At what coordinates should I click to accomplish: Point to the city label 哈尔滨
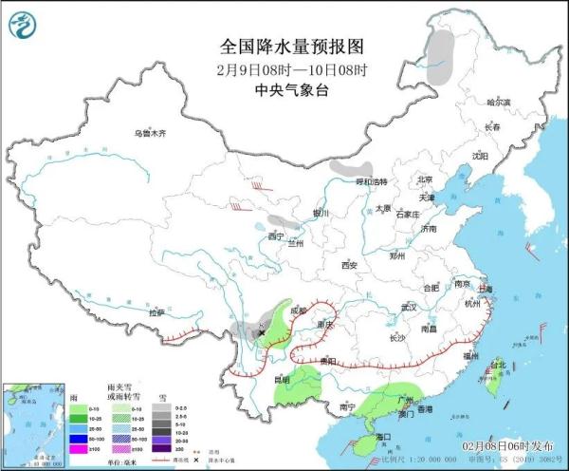click(x=498, y=102)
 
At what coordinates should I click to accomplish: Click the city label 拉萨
click(x=156, y=311)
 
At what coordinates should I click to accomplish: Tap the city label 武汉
click(x=409, y=307)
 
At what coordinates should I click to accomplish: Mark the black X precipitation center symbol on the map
click(x=261, y=332)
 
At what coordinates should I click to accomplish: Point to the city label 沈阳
click(x=481, y=156)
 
